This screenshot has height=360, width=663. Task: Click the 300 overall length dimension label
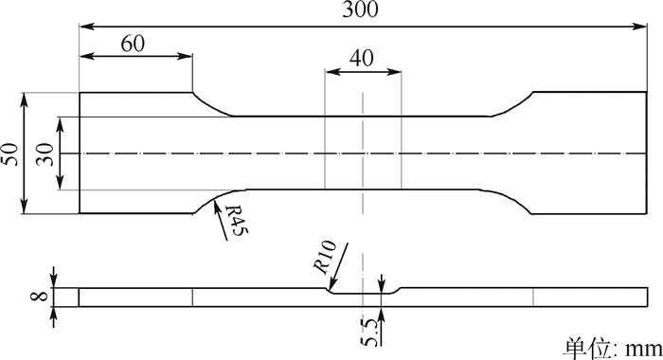[360, 9]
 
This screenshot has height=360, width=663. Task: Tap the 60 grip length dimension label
[133, 44]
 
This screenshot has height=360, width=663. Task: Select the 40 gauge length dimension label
[362, 59]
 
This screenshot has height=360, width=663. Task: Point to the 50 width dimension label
[10, 154]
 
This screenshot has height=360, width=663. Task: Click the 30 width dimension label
[45, 154]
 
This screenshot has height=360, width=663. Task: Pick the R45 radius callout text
[236, 221]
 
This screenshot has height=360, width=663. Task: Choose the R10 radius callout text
[325, 257]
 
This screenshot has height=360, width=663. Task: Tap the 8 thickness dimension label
[40, 296]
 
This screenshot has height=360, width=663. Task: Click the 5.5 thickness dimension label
[369, 333]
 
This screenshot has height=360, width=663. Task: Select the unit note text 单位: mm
[613, 349]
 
